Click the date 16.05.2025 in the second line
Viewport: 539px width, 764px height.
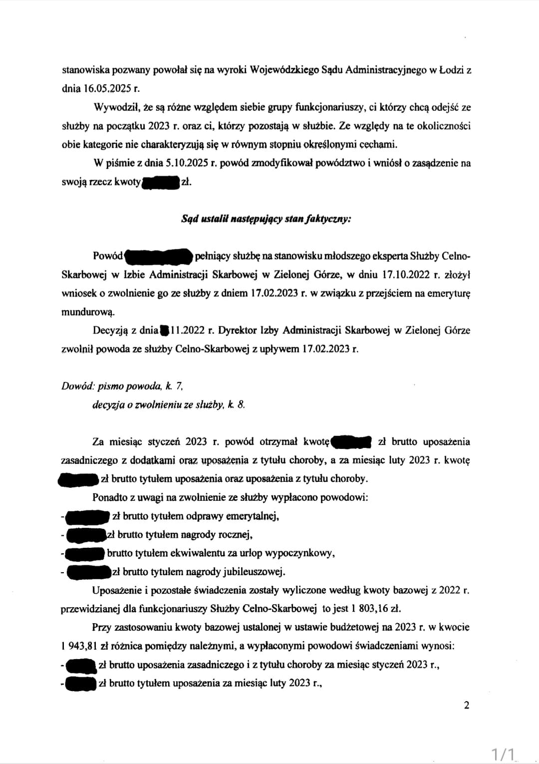point(107,89)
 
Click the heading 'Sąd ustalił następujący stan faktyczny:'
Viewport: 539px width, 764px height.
point(266,219)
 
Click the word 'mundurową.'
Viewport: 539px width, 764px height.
point(81,312)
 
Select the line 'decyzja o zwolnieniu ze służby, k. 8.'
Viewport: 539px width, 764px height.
point(169,405)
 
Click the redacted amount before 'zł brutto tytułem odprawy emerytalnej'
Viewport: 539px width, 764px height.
point(87,516)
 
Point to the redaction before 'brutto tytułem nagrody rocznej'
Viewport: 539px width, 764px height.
point(86,535)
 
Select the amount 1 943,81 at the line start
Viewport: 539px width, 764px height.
point(79,646)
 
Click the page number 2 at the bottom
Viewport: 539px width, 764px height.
point(467,706)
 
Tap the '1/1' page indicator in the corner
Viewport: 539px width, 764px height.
point(503,753)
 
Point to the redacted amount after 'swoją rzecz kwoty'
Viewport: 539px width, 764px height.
point(161,182)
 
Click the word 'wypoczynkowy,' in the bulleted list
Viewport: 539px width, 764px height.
point(303,553)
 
